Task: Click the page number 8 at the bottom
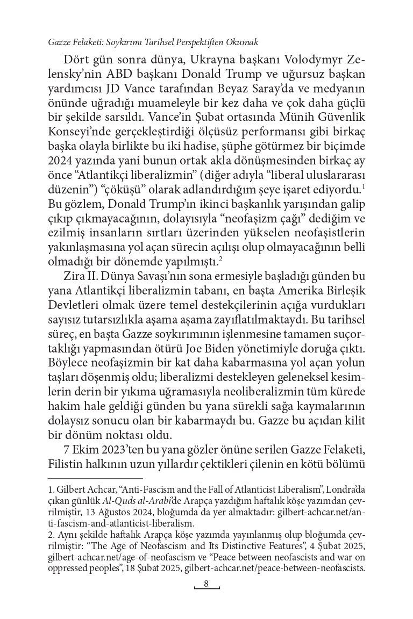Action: coord(206,585)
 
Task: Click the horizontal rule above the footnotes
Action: coord(95,477)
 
